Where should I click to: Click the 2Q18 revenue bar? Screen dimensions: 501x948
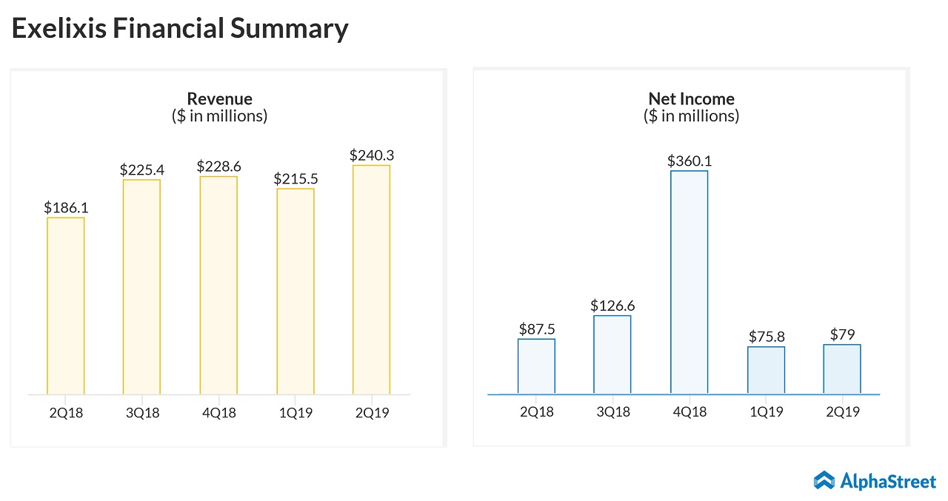(x=65, y=306)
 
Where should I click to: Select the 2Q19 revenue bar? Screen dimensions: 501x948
(x=371, y=280)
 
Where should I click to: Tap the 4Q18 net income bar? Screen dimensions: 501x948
(x=689, y=282)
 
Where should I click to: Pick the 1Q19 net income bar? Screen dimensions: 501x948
(x=766, y=370)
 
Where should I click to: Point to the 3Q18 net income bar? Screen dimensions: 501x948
(x=612, y=354)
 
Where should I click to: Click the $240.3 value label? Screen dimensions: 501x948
(x=371, y=155)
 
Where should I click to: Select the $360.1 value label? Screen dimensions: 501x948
(x=689, y=161)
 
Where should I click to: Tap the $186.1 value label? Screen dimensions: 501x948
(x=65, y=208)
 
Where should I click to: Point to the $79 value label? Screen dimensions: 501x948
(x=842, y=335)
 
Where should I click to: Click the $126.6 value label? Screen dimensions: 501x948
(x=612, y=306)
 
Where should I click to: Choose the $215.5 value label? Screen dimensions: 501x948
(x=295, y=178)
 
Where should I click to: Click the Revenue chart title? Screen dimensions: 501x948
(x=219, y=98)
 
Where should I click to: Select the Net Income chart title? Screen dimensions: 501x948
(x=691, y=98)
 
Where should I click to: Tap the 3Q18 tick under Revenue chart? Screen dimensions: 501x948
(x=141, y=413)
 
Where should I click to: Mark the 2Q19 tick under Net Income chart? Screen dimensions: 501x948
(x=842, y=411)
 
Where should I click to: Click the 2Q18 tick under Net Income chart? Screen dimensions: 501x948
(x=536, y=411)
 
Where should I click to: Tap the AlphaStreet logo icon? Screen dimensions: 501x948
(x=824, y=480)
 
